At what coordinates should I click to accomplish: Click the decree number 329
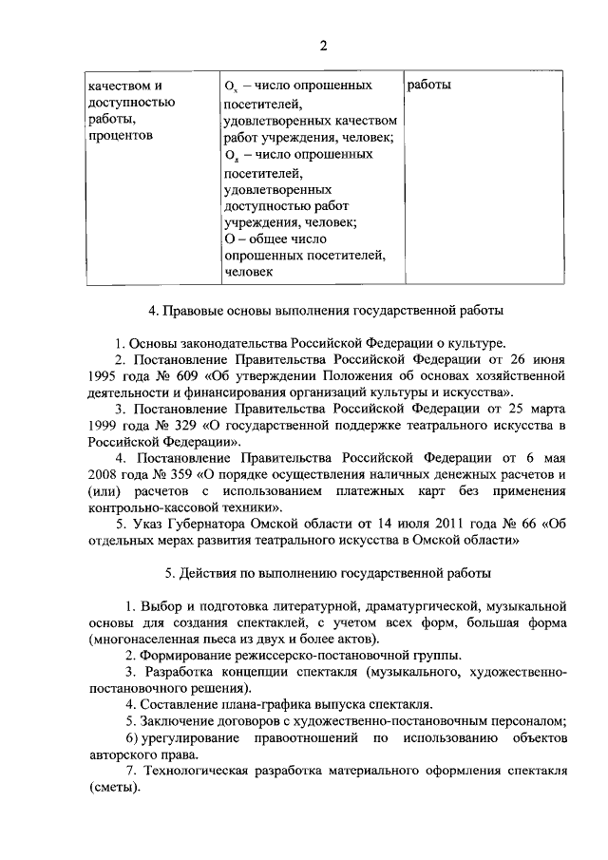pyautogui.click(x=166, y=427)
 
